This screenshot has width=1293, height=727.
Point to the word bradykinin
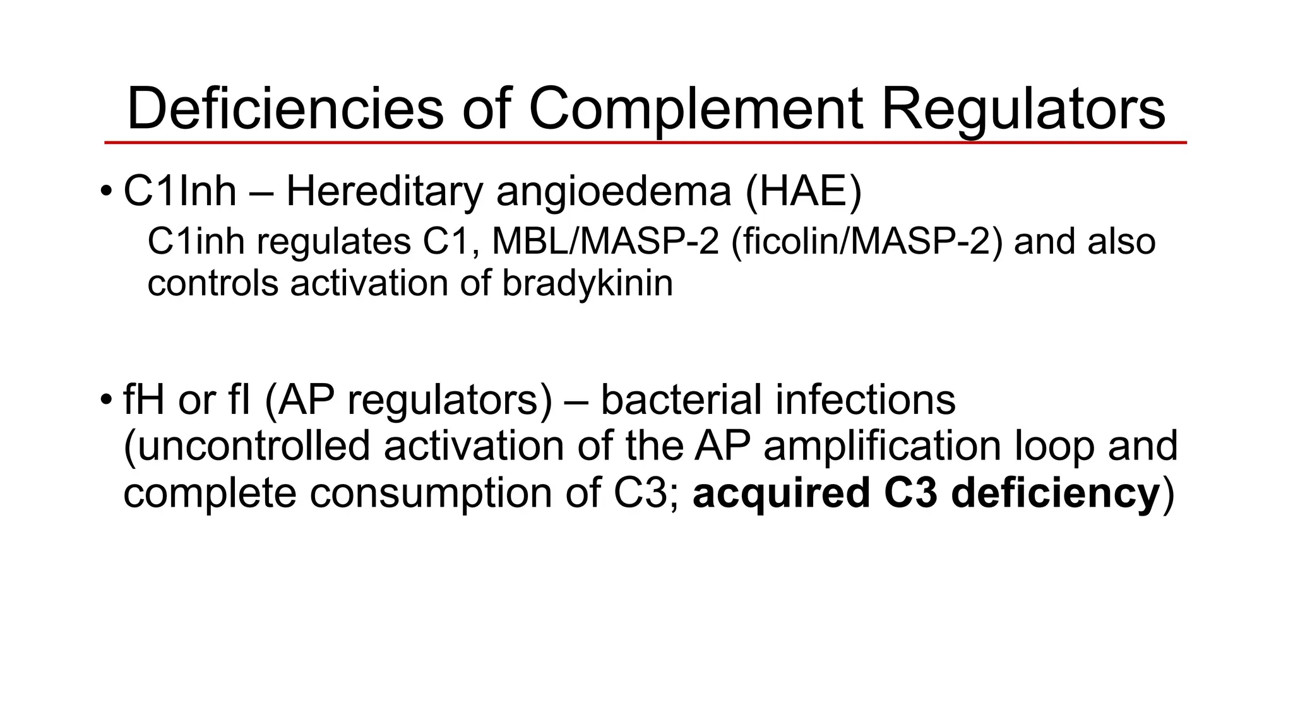pyautogui.click(x=587, y=283)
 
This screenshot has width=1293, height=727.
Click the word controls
pyautogui.click(x=213, y=283)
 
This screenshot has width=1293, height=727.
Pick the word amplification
pyautogui.click(x=883, y=446)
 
